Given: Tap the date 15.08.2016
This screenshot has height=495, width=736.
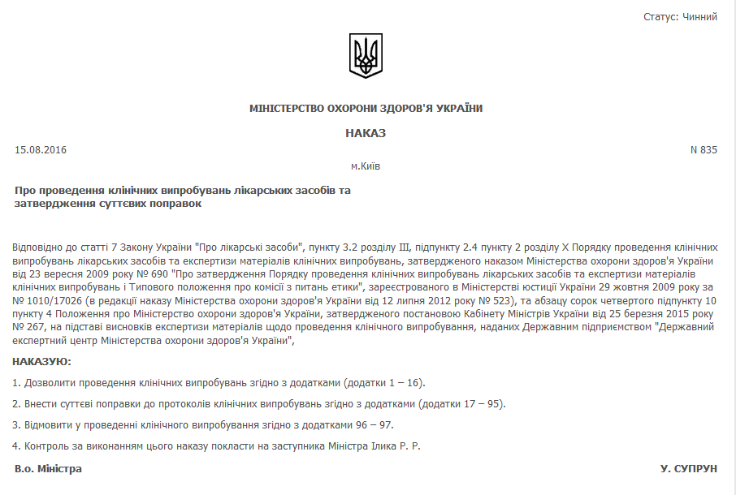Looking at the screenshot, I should pyautogui.click(x=41, y=149).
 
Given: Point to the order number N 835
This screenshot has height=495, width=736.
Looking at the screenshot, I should pyautogui.click(x=704, y=149).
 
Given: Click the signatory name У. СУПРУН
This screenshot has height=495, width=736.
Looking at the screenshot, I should pyautogui.click(x=689, y=469).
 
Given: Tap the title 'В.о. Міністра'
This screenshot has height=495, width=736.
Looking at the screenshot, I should pyautogui.click(x=49, y=469).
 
